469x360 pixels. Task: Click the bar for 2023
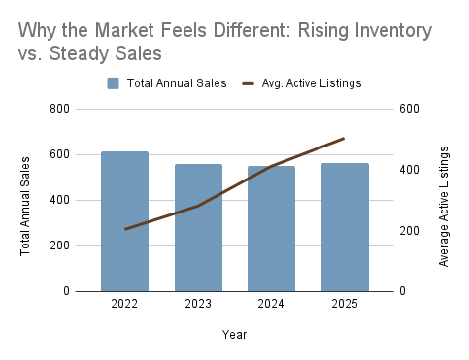click(198, 228)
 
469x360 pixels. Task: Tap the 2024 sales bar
click(271, 229)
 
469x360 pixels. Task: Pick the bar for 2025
click(345, 227)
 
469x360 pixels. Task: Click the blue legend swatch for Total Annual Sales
click(115, 83)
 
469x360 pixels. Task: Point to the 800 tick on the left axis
click(59, 109)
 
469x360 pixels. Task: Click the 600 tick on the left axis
click(59, 154)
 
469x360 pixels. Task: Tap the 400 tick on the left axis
click(59, 200)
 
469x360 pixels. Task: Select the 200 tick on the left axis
click(59, 245)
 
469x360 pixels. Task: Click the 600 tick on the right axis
click(409, 109)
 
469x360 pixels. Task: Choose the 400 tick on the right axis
click(409, 170)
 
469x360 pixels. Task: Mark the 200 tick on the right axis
click(409, 231)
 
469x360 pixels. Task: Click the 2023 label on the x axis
click(198, 304)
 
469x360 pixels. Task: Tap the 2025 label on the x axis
click(345, 304)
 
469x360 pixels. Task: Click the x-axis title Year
click(234, 334)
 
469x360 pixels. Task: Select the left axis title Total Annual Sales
click(24, 200)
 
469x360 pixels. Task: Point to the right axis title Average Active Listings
click(444, 206)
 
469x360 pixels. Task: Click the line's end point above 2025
click(345, 139)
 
